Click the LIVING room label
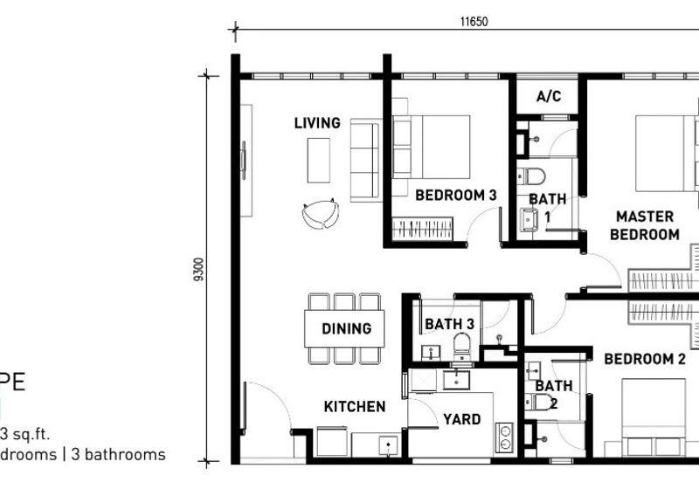click(x=317, y=123)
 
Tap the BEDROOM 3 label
click(x=455, y=195)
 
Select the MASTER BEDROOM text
click(x=645, y=225)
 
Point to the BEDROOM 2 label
click(x=645, y=359)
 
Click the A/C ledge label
click(x=549, y=97)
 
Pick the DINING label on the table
click(x=346, y=329)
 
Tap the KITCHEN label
click(x=355, y=407)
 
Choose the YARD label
click(x=461, y=420)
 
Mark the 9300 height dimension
click(x=202, y=271)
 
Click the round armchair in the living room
click(x=320, y=213)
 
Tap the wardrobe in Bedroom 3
click(x=424, y=229)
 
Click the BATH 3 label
click(x=449, y=325)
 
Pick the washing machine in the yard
click(x=504, y=436)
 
